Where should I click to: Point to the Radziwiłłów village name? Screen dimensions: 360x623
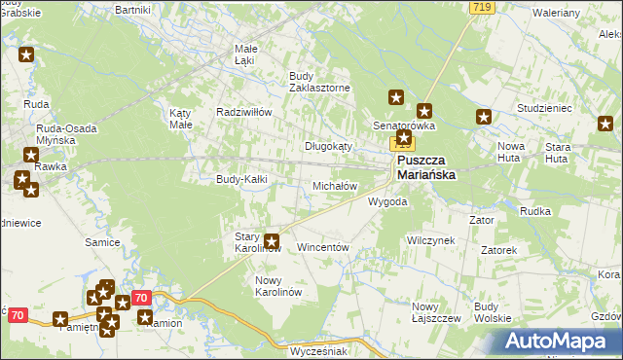click(x=243, y=112)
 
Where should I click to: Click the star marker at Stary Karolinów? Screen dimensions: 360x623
click(x=273, y=242)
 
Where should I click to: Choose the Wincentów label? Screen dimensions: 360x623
click(x=322, y=248)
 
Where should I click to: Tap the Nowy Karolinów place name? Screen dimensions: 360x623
click(x=279, y=286)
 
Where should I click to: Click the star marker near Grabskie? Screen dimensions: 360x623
click(x=26, y=55)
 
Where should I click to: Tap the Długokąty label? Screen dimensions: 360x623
click(x=328, y=146)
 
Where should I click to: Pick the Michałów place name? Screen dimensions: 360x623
click(x=334, y=185)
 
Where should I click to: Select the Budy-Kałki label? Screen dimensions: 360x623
click(x=241, y=179)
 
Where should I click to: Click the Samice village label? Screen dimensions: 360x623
click(x=102, y=241)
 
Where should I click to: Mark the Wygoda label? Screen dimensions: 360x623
click(x=387, y=202)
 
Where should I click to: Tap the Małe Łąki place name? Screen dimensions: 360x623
click(x=245, y=54)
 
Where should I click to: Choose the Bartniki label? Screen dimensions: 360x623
click(x=132, y=9)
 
